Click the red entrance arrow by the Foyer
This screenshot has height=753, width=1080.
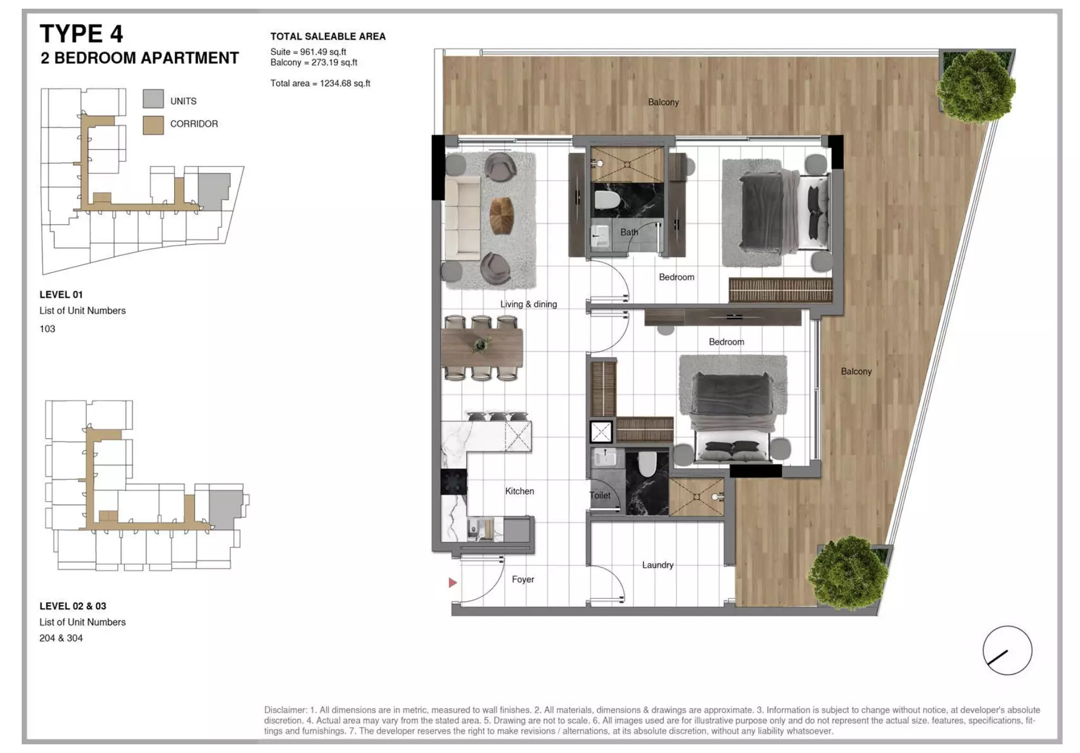[453, 583]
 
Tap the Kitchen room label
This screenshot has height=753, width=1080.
[519, 491]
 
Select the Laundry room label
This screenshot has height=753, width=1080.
[658, 565]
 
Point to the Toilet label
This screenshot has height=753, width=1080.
[600, 495]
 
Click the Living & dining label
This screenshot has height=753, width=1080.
[529, 304]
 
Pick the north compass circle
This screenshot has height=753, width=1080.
[1007, 650]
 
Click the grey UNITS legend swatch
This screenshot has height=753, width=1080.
[153, 99]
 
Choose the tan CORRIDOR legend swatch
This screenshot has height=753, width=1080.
[153, 125]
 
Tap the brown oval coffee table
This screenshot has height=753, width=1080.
[501, 216]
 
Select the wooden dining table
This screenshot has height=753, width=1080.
[481, 347]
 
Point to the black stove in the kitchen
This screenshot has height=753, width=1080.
[453, 482]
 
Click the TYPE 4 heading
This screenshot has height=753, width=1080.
[81, 34]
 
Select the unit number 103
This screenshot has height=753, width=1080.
[47, 329]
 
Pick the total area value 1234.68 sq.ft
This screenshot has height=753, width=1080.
[345, 84]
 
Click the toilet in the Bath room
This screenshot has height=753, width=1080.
[607, 200]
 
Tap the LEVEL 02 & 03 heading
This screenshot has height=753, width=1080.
[73, 606]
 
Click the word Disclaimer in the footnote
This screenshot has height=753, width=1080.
[285, 710]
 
